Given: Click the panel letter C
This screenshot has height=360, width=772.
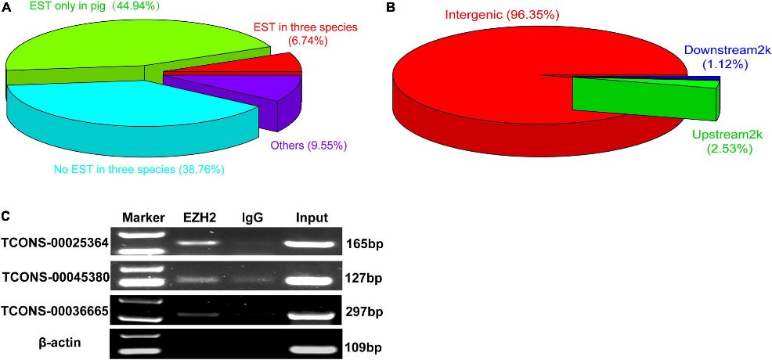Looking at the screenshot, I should pyautogui.click(x=7, y=215).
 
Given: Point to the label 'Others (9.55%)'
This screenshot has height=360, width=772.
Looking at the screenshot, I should pyautogui.click(x=308, y=146).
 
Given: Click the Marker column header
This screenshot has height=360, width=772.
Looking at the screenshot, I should pyautogui.click(x=142, y=218).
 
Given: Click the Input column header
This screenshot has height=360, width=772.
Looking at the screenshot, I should pyautogui.click(x=311, y=218).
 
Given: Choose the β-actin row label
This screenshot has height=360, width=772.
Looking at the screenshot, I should pyautogui.click(x=60, y=342).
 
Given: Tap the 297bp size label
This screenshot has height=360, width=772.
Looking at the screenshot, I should pyautogui.click(x=364, y=312).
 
